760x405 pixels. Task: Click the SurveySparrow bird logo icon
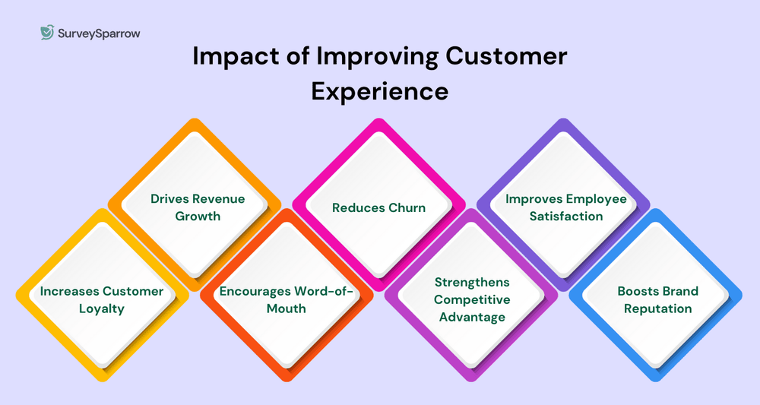coord(47,33)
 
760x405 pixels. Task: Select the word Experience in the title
coord(379,90)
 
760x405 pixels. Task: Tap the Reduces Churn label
coord(379,207)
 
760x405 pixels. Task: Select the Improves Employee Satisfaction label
coord(565,207)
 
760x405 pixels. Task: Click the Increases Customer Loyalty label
coord(102,299)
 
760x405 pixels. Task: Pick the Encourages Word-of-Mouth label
coord(287,299)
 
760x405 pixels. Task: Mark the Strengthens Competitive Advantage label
coord(472,299)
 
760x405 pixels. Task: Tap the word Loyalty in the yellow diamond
coord(102,308)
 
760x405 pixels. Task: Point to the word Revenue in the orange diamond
coord(217,199)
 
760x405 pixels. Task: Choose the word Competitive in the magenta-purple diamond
coord(472,299)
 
